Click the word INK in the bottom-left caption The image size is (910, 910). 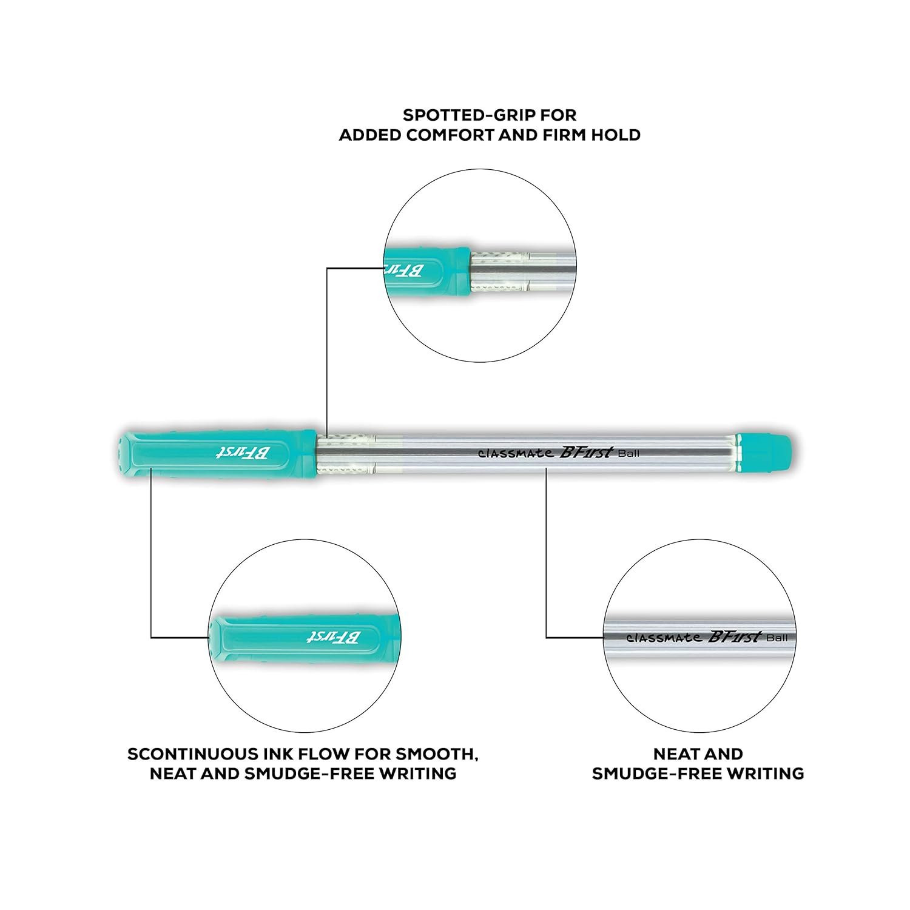coord(281,754)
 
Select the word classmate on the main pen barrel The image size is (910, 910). coord(515,453)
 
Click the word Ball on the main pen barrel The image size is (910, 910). coord(629,453)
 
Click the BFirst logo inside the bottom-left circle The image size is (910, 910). coord(333,636)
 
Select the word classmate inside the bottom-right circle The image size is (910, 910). coord(664,638)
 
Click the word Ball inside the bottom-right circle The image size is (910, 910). coord(777,638)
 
